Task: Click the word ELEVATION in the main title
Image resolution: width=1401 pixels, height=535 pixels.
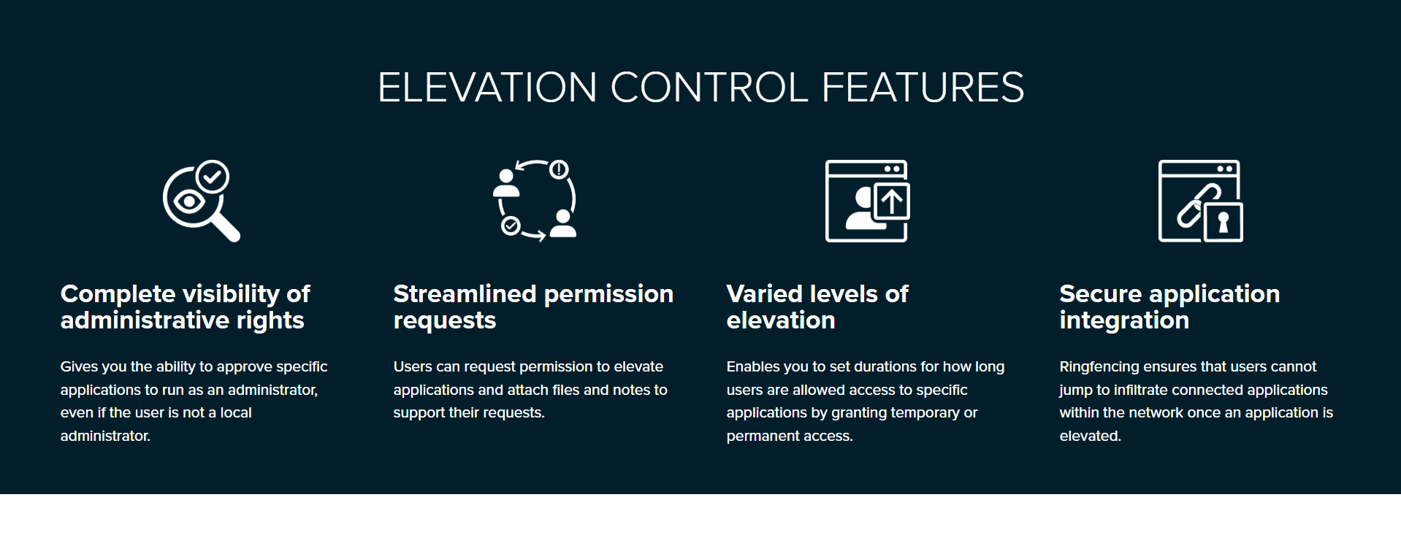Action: point(487,88)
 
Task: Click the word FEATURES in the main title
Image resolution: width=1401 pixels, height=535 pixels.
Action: point(923,88)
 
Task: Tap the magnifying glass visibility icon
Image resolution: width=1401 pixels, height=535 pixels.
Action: point(202,201)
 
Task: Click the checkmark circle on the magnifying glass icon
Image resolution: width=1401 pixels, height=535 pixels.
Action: point(213,177)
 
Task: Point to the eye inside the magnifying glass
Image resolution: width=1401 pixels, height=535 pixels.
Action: point(189,201)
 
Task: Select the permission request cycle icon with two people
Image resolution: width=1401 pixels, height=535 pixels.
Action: point(535,201)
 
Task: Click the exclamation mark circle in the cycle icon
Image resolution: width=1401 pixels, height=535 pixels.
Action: point(559,170)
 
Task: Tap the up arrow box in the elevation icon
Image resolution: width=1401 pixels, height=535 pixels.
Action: point(891,201)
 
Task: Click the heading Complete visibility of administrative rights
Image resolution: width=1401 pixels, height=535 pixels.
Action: point(186,307)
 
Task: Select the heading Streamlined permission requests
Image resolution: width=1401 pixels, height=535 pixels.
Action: point(533,307)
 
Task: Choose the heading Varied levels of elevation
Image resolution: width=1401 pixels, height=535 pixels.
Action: point(817,307)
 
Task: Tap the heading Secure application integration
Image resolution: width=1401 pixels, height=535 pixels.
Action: point(1169,307)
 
